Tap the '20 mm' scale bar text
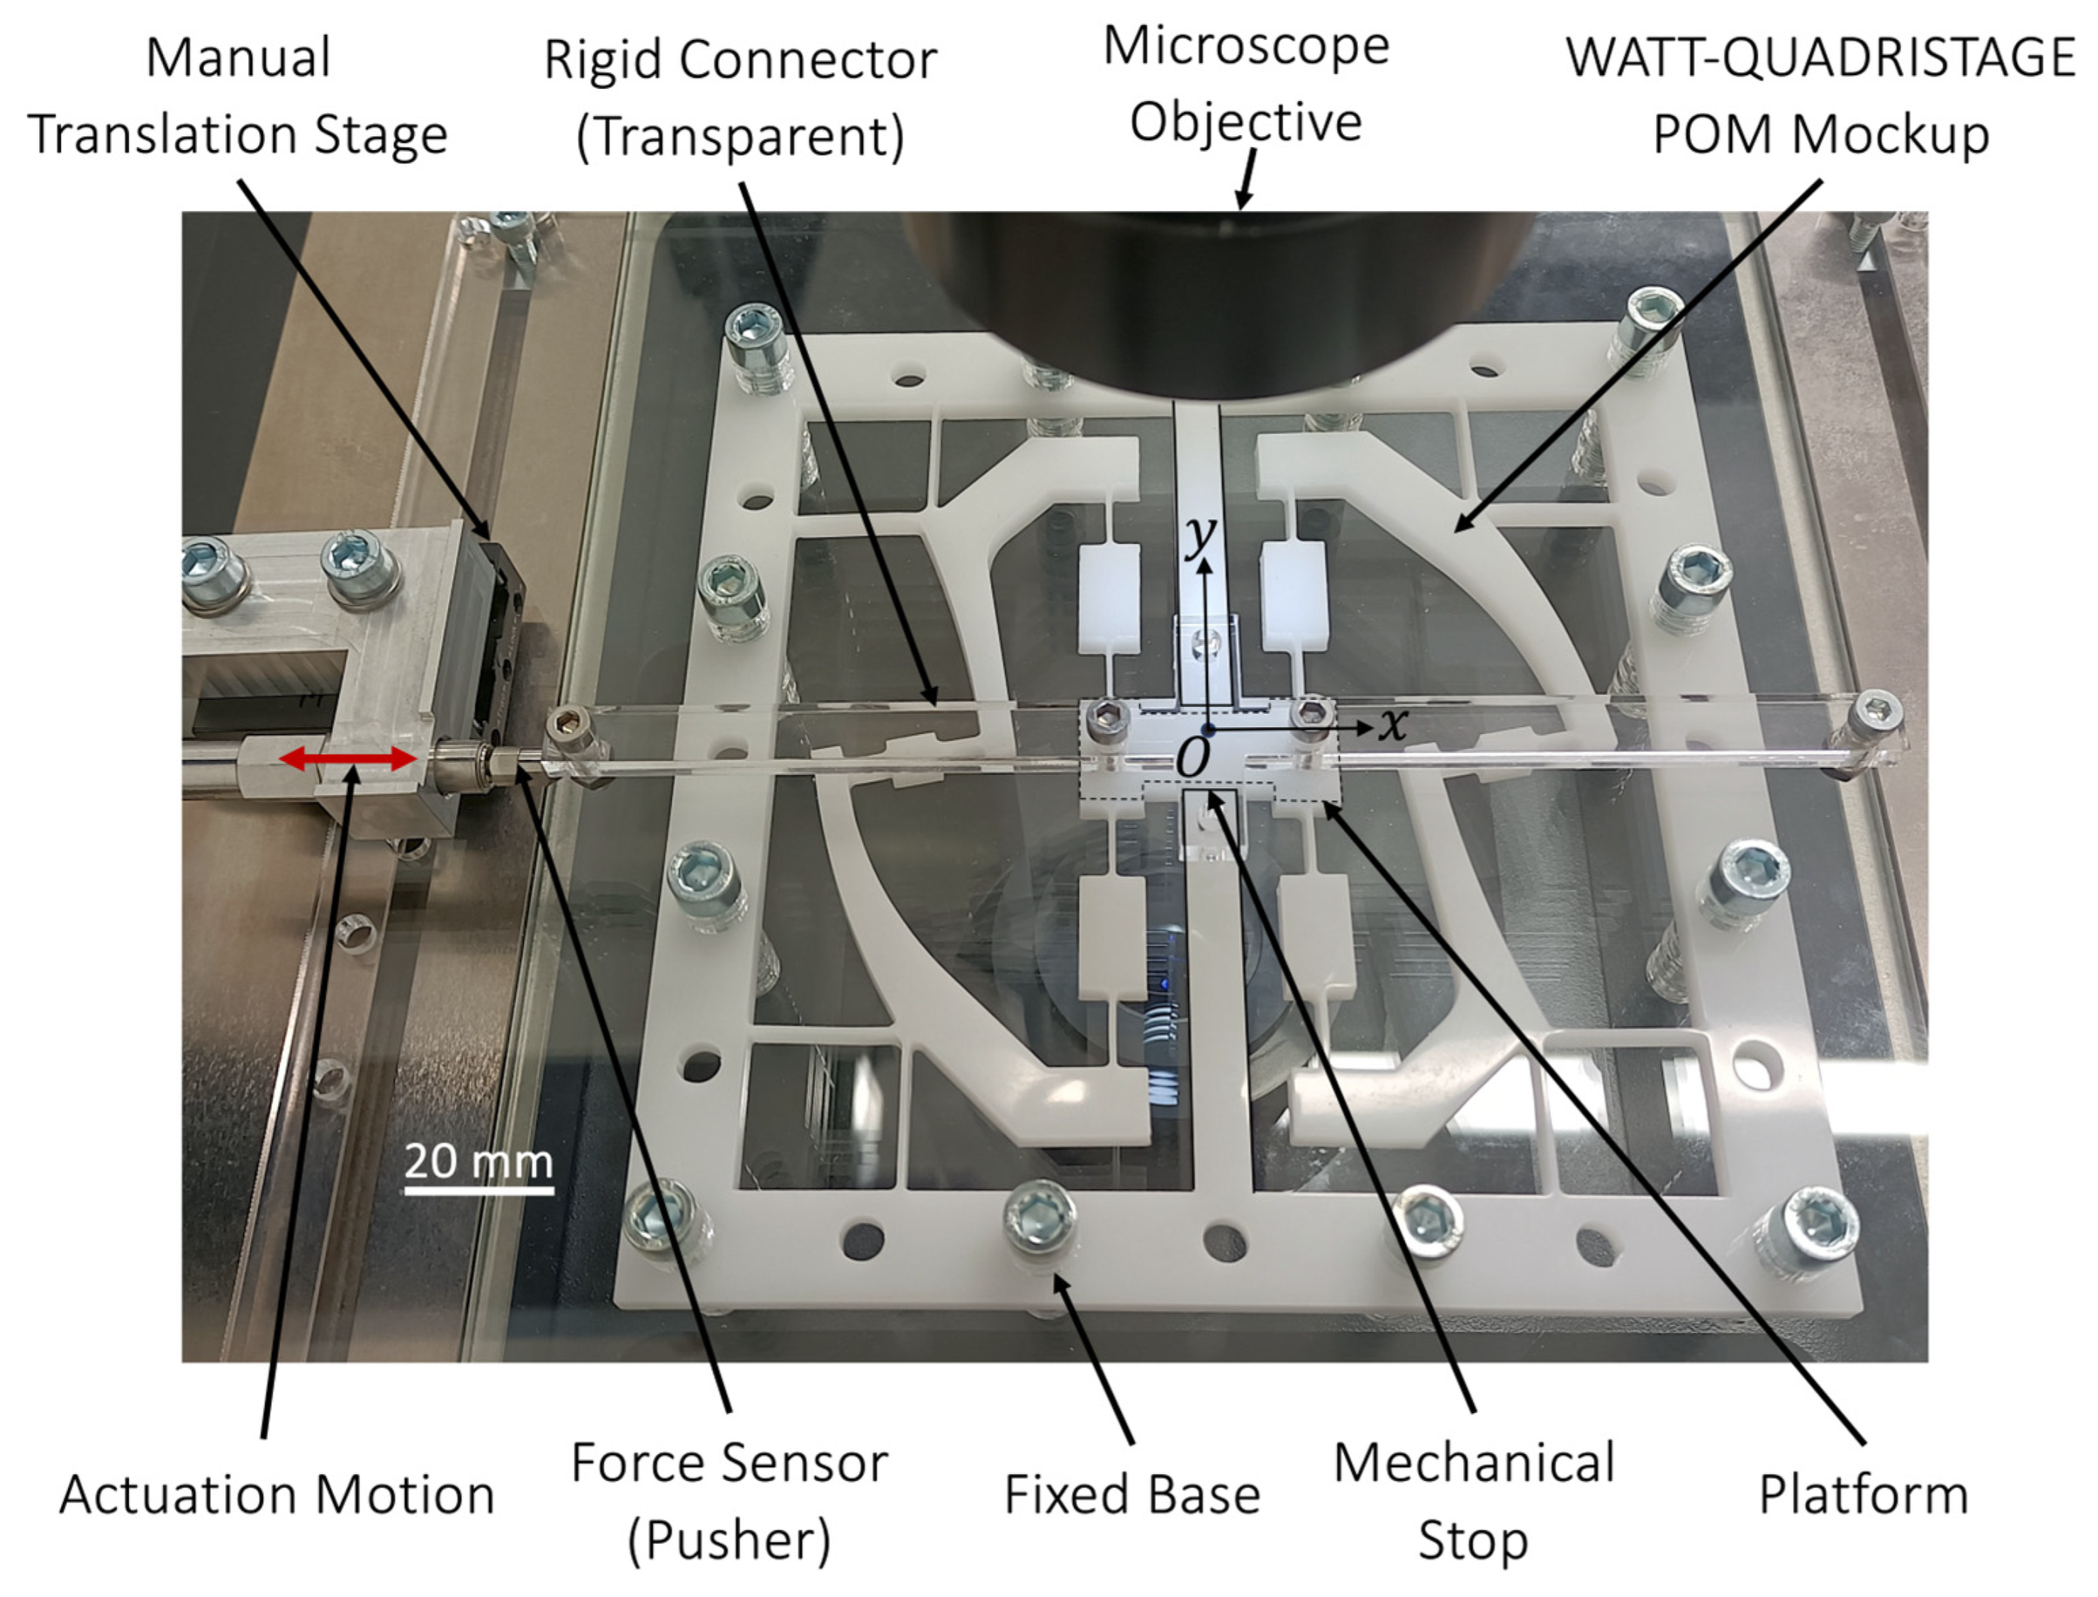point(478,1161)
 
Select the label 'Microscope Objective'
point(1245,84)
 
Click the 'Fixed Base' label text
point(1132,1494)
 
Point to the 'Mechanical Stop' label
point(1474,1500)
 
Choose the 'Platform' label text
point(1864,1494)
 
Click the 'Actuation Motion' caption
point(277,1494)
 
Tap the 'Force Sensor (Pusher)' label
point(729,1500)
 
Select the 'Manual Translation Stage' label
point(237,95)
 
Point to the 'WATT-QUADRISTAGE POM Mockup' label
point(1821,95)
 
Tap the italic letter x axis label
point(1394,724)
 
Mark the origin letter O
point(1192,757)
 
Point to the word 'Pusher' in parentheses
point(729,1539)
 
